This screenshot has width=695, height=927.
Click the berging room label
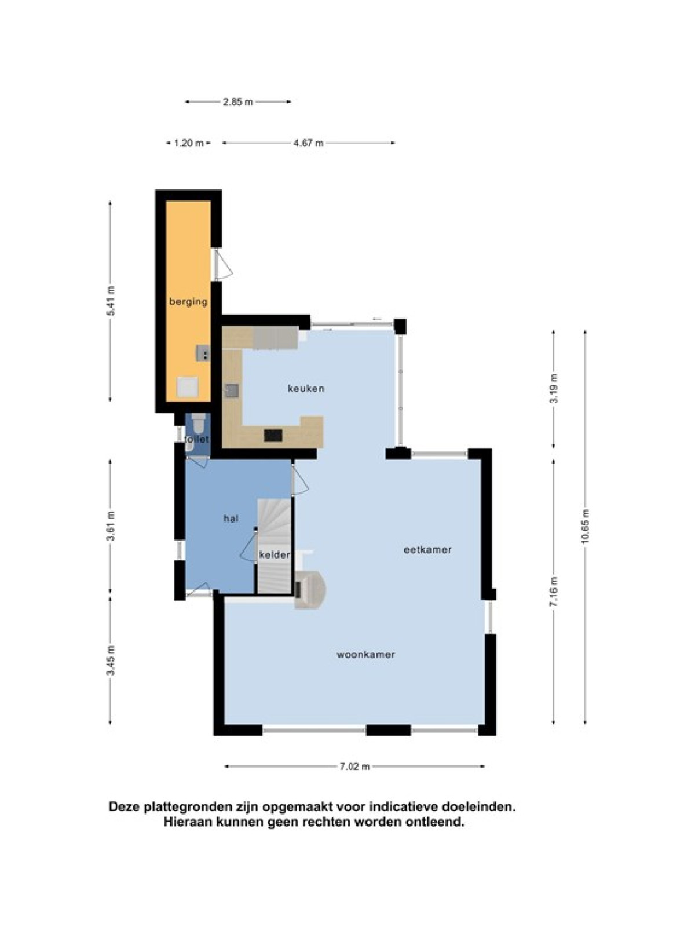pos(188,302)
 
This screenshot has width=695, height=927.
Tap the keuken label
pos(306,388)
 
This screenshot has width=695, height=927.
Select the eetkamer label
pos(427,549)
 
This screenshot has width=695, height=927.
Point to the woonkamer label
pos(366,655)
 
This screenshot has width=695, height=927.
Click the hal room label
pos(231,518)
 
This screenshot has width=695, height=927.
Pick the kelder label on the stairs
pos(275,554)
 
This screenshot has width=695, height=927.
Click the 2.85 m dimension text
pos(238,102)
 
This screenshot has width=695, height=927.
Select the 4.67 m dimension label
pos(309,143)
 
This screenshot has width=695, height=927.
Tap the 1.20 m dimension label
pos(189,143)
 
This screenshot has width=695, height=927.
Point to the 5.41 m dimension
pos(111,301)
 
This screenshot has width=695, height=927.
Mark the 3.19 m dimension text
pos(554,389)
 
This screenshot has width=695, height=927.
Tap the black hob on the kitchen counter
pos(273,435)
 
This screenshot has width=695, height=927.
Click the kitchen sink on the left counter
pos(231,390)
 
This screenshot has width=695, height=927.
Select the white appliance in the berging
pos(187,386)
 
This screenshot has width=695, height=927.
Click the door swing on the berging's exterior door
pos(222,264)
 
